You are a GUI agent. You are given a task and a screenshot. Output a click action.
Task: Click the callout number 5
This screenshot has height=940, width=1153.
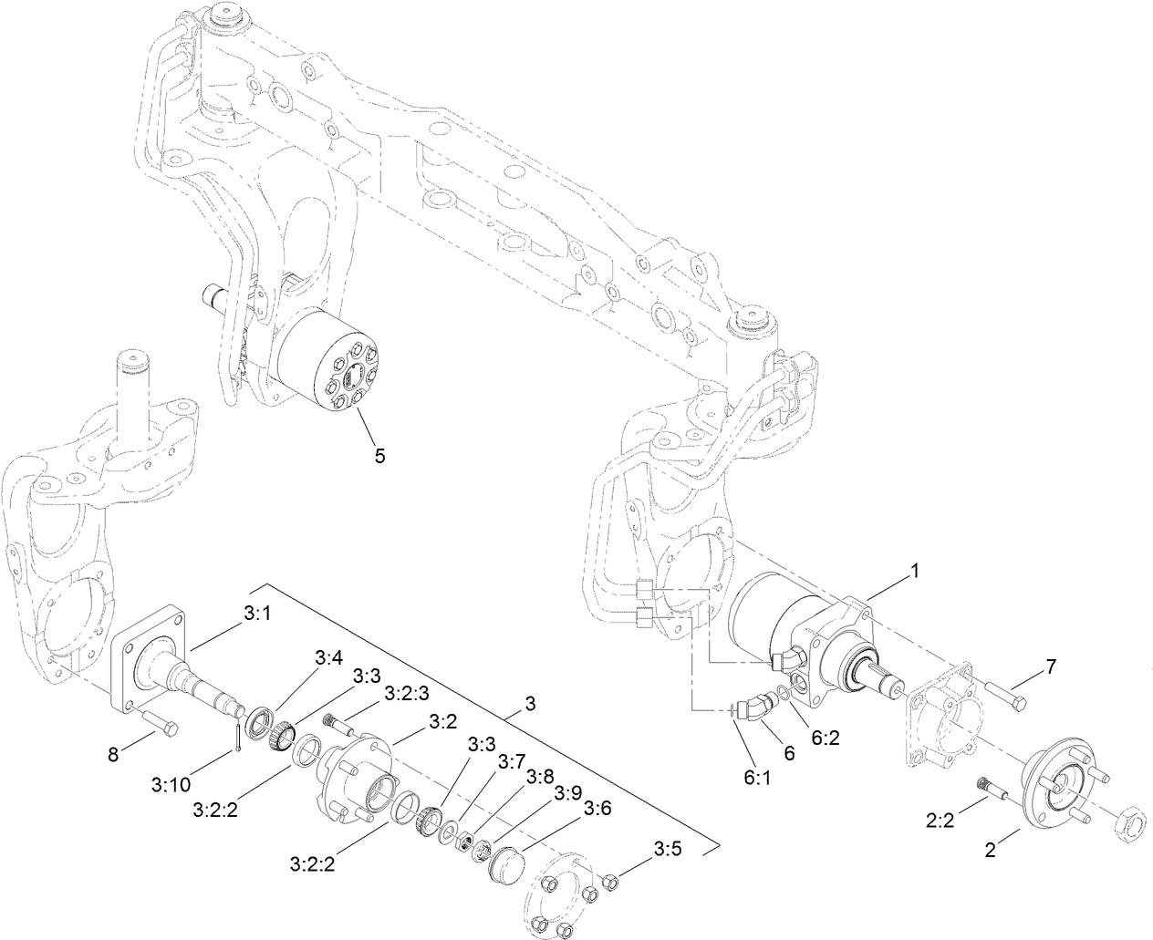379,456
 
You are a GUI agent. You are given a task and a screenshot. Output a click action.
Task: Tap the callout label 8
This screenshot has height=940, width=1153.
112,755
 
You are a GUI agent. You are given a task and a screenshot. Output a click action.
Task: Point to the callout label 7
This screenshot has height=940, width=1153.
1051,666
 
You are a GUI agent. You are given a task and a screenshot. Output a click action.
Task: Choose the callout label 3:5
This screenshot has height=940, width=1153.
667,849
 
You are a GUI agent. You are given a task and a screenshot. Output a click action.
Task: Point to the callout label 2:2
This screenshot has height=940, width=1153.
940,821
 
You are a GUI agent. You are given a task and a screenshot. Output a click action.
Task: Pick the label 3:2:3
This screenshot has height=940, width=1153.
407,693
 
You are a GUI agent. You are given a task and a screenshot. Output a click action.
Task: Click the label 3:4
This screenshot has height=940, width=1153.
329,656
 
